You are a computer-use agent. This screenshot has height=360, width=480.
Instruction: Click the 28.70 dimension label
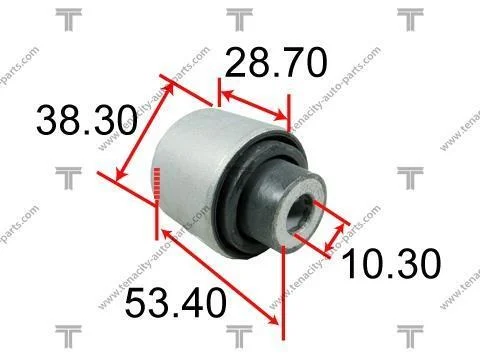tap(276, 63)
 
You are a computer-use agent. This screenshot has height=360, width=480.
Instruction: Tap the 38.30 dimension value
tap(87, 119)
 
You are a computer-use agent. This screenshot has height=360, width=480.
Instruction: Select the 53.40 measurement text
tap(176, 303)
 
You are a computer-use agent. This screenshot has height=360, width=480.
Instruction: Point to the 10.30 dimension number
tap(391, 263)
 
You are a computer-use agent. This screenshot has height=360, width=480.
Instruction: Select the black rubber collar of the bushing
tap(257, 193)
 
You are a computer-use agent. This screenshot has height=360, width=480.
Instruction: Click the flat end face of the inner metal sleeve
tap(300, 214)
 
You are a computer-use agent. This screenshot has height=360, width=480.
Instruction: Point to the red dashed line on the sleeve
tap(157, 185)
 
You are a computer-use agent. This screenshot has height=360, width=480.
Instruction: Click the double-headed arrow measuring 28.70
tap(254, 105)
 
